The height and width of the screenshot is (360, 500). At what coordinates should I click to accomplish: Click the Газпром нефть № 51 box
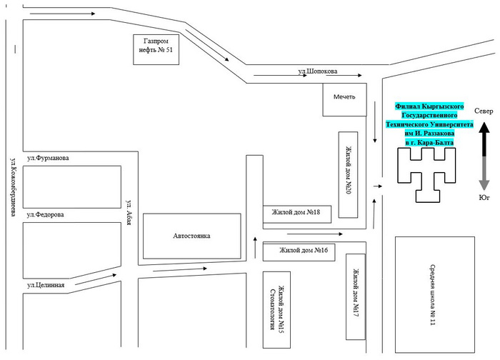[156, 49]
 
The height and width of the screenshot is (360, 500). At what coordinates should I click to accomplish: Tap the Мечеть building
[344, 100]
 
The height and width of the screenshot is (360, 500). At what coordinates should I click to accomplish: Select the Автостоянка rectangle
[191, 236]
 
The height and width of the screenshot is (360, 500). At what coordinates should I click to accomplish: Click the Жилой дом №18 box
[297, 214]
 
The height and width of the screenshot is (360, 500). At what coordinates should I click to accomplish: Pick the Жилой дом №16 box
[299, 252]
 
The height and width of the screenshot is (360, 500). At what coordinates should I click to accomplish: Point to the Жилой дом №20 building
[348, 175]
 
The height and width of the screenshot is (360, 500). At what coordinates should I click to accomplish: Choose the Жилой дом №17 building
[356, 296]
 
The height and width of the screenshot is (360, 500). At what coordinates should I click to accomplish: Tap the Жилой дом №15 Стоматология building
[276, 309]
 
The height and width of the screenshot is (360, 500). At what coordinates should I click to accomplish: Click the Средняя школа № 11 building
[435, 294]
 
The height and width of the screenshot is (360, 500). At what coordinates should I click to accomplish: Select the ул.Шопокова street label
[318, 71]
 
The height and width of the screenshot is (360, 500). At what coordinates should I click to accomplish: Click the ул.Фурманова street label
[48, 158]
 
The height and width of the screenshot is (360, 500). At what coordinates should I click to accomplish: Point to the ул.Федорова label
[45, 214]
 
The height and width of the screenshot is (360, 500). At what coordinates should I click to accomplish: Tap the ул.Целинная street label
[46, 285]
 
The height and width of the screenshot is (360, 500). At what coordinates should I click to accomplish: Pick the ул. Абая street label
[129, 213]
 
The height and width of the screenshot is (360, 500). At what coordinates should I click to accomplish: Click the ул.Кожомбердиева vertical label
[14, 187]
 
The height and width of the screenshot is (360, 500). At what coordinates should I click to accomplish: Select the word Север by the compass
[484, 111]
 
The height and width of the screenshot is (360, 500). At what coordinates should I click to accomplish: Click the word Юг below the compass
[484, 198]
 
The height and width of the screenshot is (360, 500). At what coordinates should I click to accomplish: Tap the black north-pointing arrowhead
[484, 128]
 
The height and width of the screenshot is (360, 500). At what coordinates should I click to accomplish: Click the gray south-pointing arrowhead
[484, 185]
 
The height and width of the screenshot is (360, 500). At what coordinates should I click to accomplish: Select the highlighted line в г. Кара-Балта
[429, 143]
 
